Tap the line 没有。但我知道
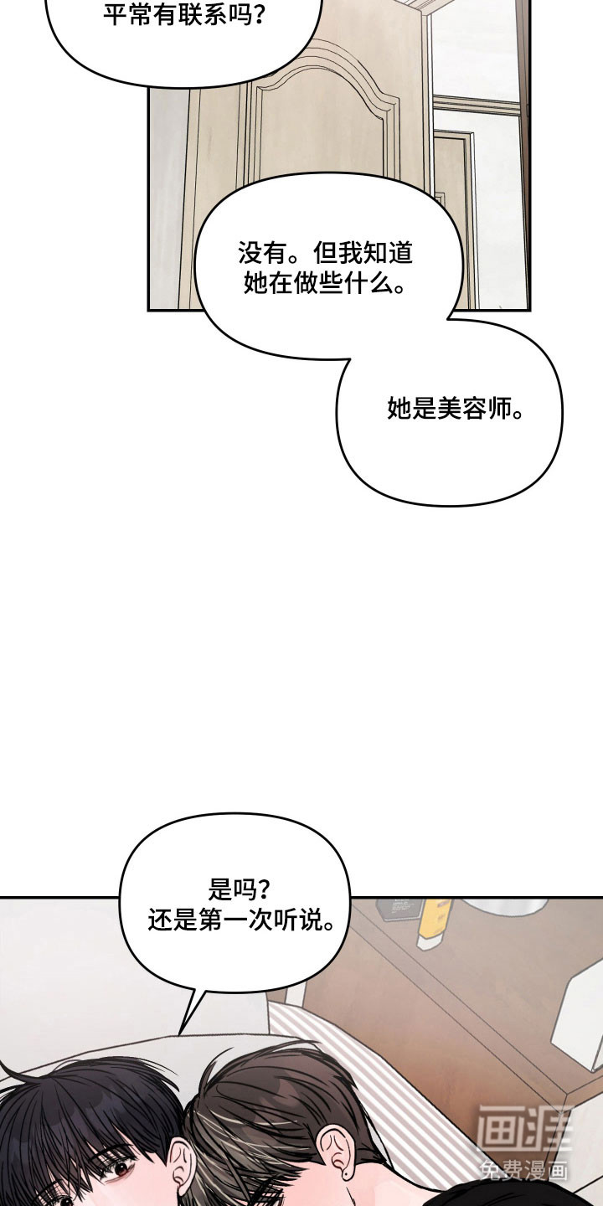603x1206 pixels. click(326, 252)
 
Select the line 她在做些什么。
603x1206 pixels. click(326, 284)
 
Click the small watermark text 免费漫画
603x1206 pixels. click(523, 1170)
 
